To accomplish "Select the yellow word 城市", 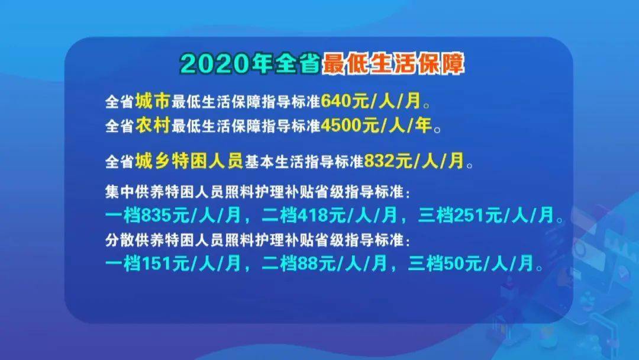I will tap(153, 101).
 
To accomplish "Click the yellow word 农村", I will tap(153, 126).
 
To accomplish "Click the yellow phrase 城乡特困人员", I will tap(189, 160).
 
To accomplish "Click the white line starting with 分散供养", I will tap(257, 241).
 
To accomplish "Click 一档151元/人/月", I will tap(175, 263).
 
